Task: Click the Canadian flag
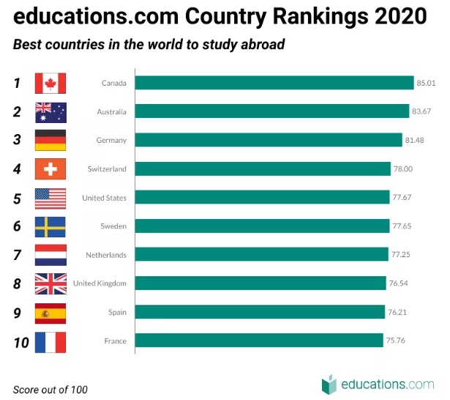50,83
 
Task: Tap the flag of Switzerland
50,169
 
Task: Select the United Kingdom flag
50,284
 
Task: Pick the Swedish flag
50,226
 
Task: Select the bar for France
259,341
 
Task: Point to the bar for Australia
272,111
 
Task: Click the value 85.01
426,83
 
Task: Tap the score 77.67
401,198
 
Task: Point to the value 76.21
397,312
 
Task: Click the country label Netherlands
107,255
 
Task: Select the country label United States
104,198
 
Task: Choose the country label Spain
117,312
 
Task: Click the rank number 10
20,341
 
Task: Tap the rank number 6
17,226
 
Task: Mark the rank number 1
17,83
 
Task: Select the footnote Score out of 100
50,389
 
